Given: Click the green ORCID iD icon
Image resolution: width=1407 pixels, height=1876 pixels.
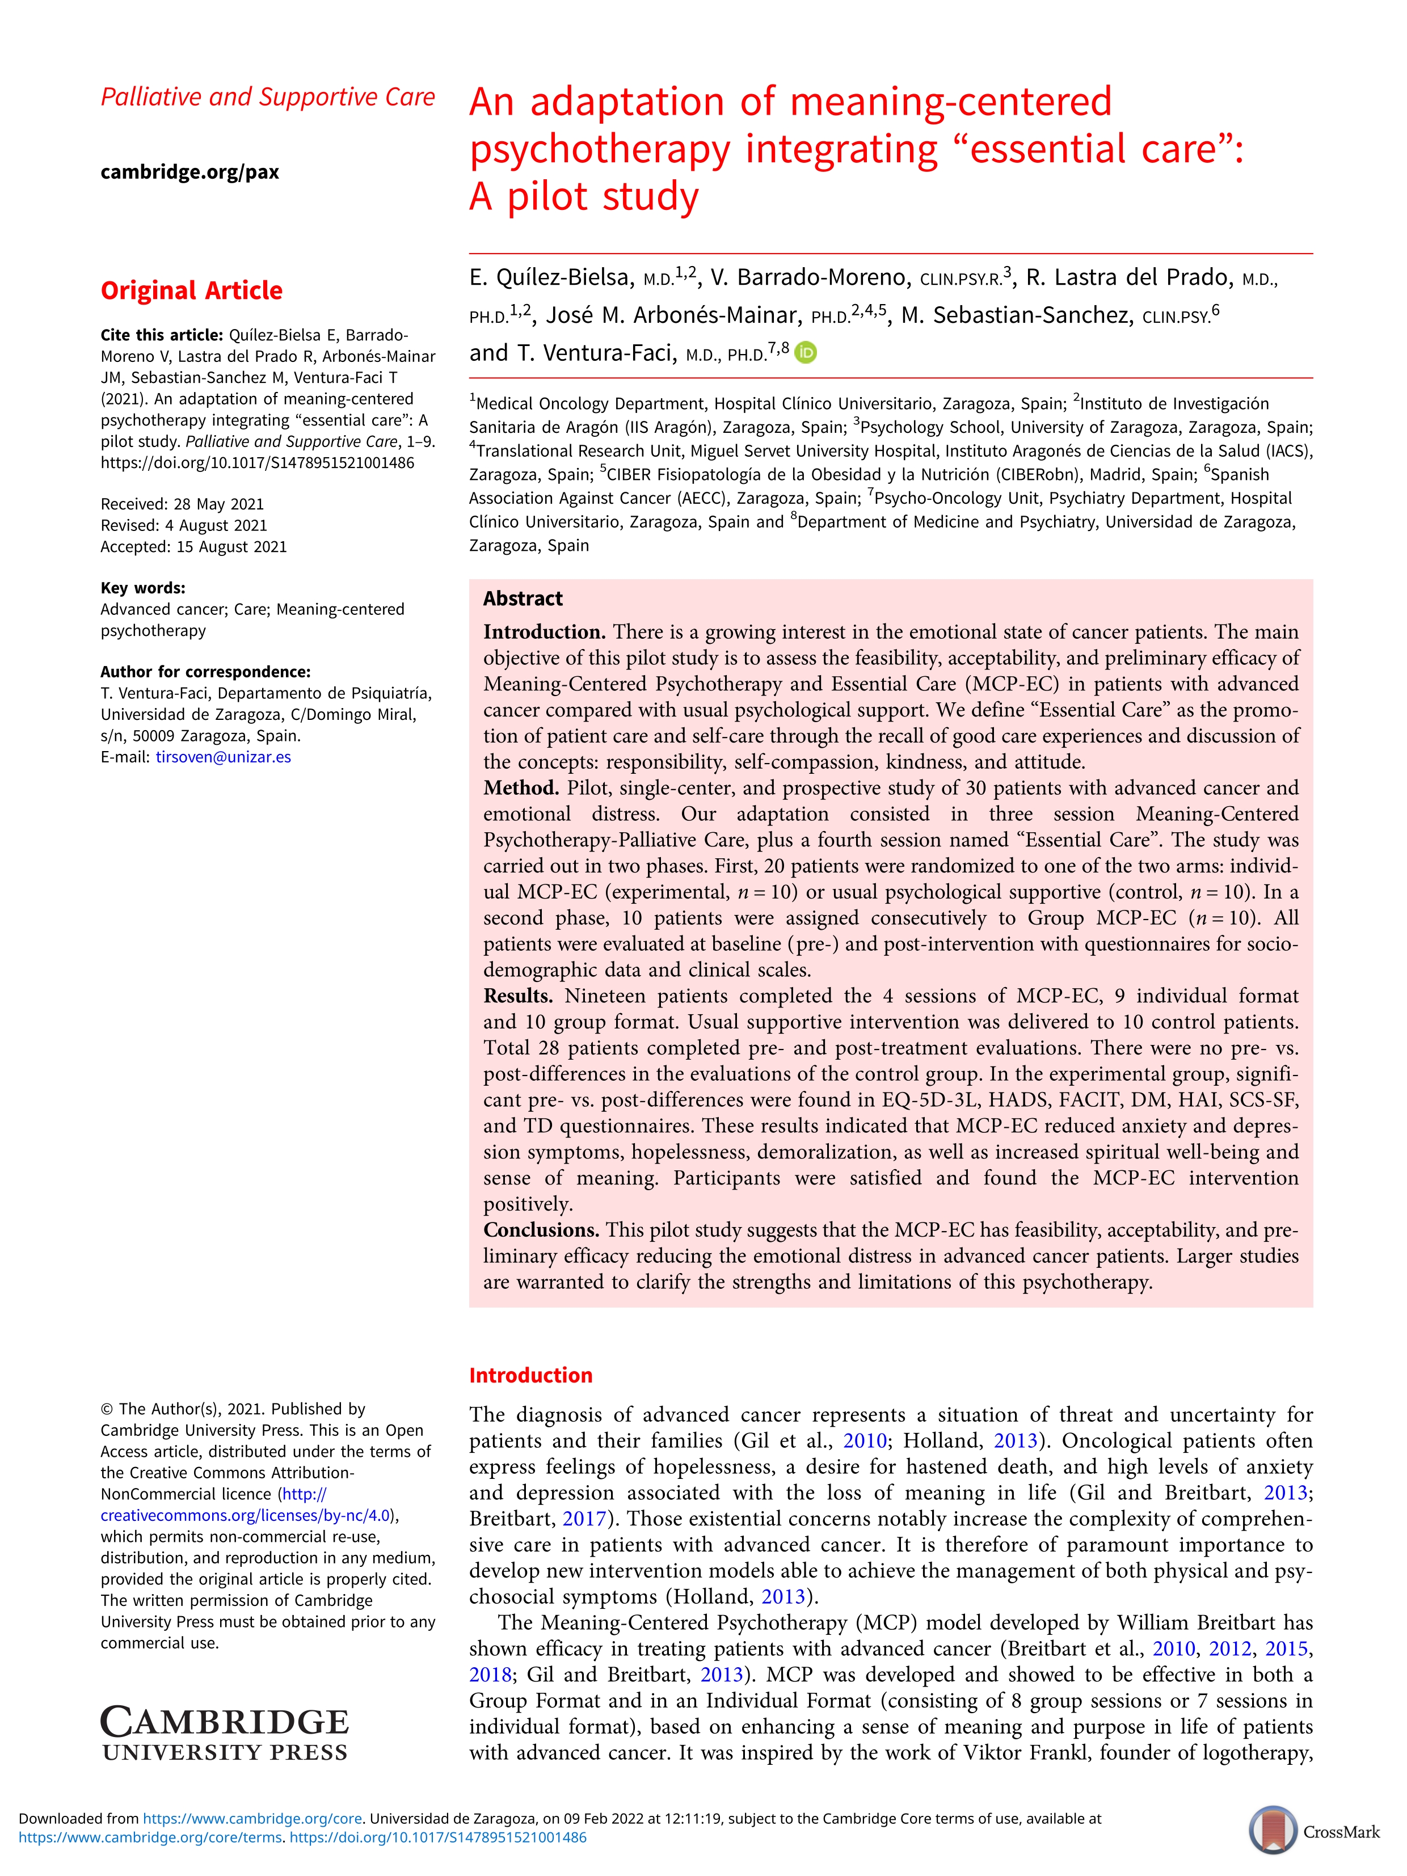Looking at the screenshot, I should (x=807, y=353).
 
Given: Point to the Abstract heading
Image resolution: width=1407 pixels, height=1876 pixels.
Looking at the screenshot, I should (x=523, y=598).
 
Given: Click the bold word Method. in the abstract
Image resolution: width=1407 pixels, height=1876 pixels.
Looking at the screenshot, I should (x=521, y=788).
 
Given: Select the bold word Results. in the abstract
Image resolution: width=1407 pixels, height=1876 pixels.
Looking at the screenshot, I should (x=517, y=996).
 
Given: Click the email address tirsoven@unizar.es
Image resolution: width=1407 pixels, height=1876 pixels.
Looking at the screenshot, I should (x=223, y=757).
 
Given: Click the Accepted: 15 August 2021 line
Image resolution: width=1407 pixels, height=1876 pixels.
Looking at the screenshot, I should (x=193, y=547).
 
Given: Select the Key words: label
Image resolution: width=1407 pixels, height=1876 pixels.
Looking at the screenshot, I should (x=142, y=588).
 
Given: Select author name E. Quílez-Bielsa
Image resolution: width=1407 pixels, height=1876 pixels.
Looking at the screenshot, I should (x=551, y=278).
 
